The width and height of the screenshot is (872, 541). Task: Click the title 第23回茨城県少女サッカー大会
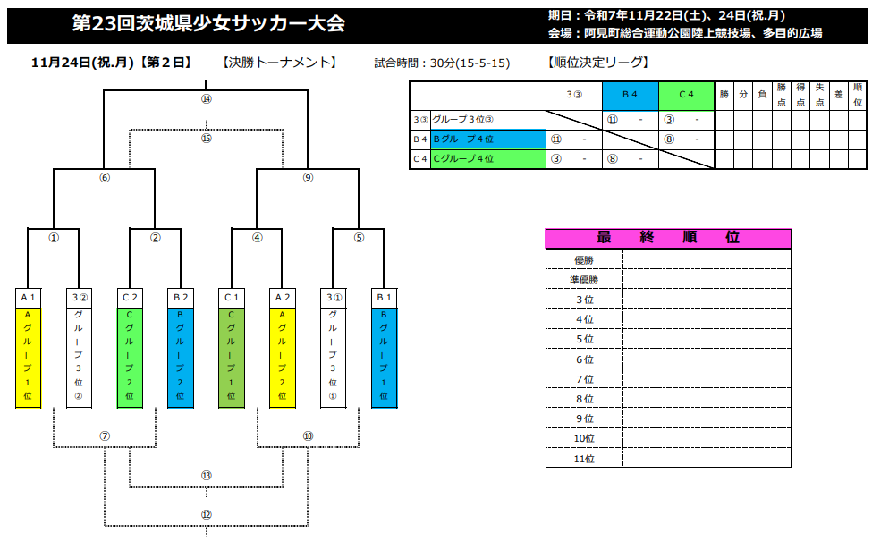tap(207, 25)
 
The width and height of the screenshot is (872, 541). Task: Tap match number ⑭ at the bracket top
tap(207, 99)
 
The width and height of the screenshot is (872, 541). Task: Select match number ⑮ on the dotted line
tap(207, 139)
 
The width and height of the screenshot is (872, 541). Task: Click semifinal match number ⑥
tap(105, 178)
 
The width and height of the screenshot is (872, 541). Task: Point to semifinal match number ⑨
tap(309, 178)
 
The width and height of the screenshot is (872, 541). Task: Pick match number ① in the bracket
tap(54, 238)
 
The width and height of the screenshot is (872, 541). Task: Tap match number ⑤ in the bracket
tap(360, 238)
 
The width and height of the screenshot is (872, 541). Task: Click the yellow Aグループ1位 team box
tap(29, 356)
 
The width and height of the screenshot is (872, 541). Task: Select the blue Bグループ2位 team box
tap(181, 356)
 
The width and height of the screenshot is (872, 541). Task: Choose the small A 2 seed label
tap(283, 297)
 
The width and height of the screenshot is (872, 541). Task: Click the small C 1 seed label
tap(232, 297)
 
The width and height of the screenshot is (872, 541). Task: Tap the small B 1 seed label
tap(385, 297)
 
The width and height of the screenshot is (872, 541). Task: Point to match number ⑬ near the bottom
tap(207, 476)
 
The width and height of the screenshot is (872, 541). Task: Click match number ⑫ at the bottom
tap(207, 515)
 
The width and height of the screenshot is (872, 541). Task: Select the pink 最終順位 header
tap(668, 239)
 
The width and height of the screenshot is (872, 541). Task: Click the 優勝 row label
tap(584, 260)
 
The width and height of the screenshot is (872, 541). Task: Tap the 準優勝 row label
tap(584, 280)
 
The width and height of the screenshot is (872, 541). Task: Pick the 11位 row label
tap(584, 459)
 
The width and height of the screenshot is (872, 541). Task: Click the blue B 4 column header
tap(630, 94)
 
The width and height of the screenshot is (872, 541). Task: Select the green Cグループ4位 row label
tap(487, 159)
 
